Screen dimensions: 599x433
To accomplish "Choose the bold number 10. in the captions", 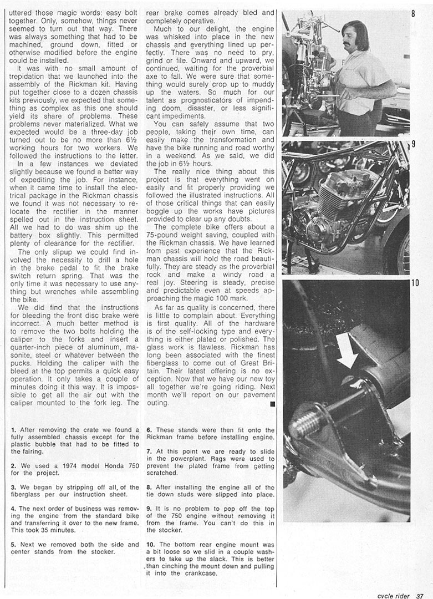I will pyautogui.click(x=151, y=545).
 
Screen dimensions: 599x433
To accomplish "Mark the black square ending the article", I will pyautogui.click(x=272, y=405).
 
